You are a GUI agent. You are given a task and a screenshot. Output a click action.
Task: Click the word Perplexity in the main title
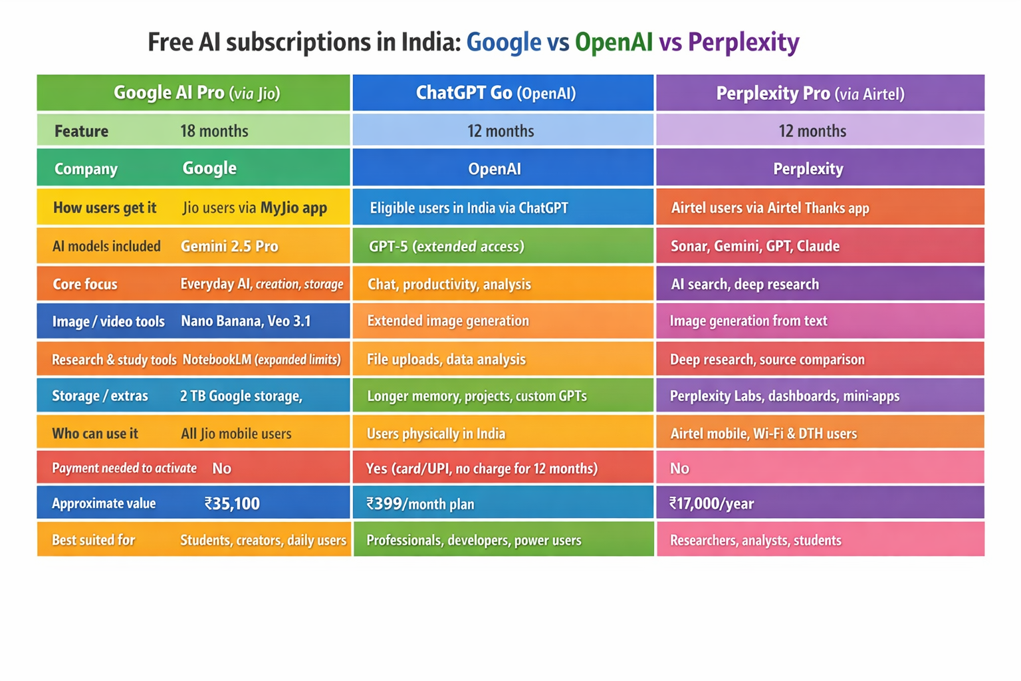tap(743, 43)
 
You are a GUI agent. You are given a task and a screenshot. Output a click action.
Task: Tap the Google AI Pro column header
tap(197, 92)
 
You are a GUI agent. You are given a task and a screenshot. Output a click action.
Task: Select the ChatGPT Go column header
tap(496, 92)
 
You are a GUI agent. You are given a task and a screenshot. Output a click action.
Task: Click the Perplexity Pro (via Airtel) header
tap(810, 93)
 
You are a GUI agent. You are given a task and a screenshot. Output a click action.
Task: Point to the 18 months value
tap(214, 131)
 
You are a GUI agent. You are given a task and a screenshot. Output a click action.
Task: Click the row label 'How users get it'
tap(104, 207)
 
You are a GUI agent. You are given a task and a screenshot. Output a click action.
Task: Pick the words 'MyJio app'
tap(293, 207)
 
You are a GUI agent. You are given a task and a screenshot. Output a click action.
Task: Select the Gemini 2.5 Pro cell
tap(229, 246)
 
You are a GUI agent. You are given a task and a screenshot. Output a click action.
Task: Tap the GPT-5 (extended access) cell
tap(446, 246)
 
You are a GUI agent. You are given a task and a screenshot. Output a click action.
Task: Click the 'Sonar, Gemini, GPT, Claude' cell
tap(754, 246)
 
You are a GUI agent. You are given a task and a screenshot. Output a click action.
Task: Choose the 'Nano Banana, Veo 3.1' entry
tap(245, 321)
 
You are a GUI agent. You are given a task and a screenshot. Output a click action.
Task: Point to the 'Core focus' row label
tap(85, 284)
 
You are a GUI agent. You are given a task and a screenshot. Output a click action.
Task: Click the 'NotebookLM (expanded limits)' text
tap(261, 360)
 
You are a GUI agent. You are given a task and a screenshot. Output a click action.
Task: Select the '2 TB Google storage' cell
tap(241, 396)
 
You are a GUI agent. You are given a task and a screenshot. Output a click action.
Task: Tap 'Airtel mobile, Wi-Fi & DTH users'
tap(763, 434)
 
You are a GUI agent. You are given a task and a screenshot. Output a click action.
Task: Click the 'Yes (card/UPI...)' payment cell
tap(481, 468)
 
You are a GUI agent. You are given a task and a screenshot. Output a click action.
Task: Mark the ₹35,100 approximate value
tap(232, 503)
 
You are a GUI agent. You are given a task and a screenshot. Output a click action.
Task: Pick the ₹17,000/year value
tap(711, 503)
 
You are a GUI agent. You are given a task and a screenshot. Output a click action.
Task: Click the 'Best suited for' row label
tap(93, 540)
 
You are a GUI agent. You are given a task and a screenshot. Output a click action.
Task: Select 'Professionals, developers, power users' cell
tap(473, 540)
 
